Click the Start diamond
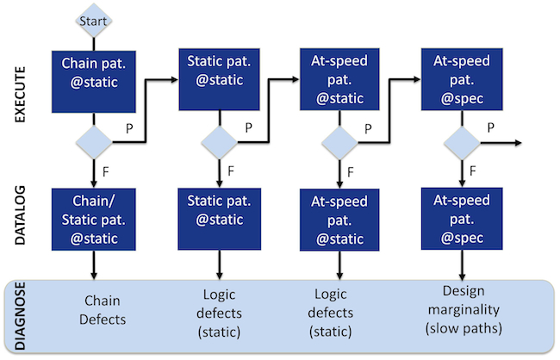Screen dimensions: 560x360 point(94,21)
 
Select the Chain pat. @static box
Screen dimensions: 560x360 point(94,82)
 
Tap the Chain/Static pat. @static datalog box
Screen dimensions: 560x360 point(94,220)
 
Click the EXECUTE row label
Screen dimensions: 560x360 point(20,95)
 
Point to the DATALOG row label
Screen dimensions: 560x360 point(20,215)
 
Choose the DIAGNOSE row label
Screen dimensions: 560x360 point(20,316)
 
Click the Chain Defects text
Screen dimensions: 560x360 point(103,310)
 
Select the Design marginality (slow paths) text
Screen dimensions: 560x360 point(464,310)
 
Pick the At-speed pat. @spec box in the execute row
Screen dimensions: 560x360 point(462,79)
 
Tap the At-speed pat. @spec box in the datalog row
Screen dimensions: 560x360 point(462,219)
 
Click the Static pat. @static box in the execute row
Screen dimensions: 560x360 point(220,79)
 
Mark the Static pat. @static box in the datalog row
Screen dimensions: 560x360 point(220,219)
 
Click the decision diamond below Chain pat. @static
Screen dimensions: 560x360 point(94,142)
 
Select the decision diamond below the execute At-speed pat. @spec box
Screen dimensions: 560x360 point(462,143)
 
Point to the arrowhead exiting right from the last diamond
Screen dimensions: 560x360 point(519,143)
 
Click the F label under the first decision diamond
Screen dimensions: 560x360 point(105,171)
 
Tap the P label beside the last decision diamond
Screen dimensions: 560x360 point(491,127)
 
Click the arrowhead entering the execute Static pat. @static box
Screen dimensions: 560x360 point(175,79)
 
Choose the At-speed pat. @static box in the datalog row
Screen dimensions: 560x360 point(339,220)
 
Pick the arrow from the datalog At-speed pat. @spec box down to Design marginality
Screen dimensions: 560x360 point(462,264)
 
